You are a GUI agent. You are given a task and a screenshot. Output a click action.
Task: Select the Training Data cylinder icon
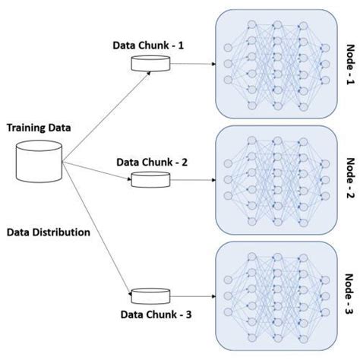[39, 160]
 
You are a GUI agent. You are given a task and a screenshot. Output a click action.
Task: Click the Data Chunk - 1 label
[147, 45]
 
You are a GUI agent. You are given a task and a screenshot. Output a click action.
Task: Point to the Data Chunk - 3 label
[152, 314]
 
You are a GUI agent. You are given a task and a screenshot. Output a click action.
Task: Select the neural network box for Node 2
[276, 180]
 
